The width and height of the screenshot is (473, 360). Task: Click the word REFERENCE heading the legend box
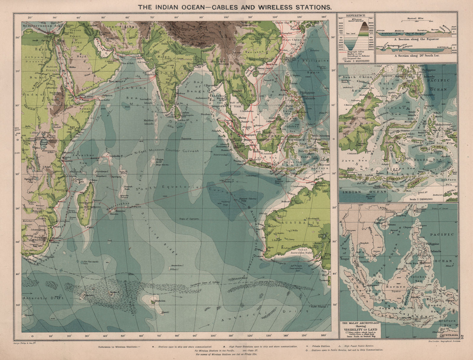pyautogui.click(x=356, y=15)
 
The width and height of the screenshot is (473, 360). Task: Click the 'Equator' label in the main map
pyautogui.click(x=187, y=138)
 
